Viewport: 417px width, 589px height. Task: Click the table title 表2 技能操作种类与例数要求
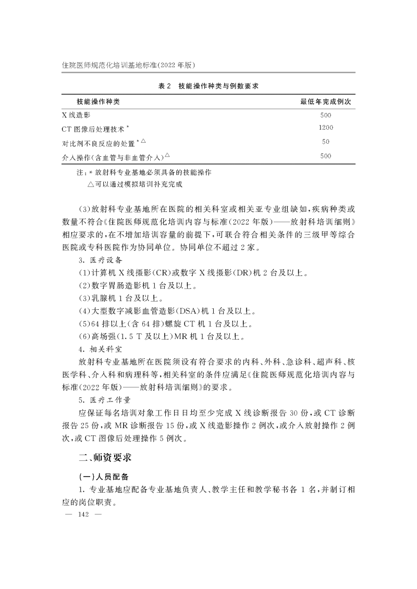(208, 86)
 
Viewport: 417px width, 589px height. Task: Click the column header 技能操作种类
(101, 101)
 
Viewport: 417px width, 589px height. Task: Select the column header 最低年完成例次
(325, 101)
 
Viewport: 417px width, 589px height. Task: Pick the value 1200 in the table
(326, 128)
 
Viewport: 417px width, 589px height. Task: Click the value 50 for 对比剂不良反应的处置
(326, 142)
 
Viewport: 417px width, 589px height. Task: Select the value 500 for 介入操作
(326, 156)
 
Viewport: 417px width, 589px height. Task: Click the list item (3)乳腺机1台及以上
(121, 299)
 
